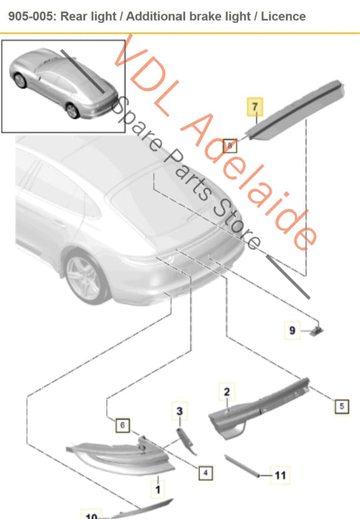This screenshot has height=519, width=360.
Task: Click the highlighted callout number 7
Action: click(x=255, y=107)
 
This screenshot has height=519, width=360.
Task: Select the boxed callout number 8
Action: click(x=230, y=146)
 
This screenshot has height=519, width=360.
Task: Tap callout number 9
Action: click(x=292, y=330)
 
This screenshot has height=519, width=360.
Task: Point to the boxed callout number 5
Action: click(x=342, y=406)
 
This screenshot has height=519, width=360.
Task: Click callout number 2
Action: click(x=227, y=392)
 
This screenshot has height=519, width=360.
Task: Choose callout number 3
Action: click(x=180, y=411)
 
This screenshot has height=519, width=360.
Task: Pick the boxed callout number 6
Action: click(x=122, y=425)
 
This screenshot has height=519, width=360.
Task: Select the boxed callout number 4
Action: click(x=205, y=472)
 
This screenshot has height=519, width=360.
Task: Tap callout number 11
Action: click(x=280, y=476)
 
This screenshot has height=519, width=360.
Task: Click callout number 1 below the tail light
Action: click(x=158, y=489)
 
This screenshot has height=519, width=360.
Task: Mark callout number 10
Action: click(x=91, y=515)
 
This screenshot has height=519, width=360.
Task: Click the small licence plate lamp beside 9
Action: click(x=317, y=330)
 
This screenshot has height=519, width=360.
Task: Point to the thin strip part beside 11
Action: click(x=242, y=466)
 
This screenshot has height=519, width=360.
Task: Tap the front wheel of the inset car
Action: click(x=20, y=80)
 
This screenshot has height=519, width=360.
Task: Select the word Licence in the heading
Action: click(x=283, y=16)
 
